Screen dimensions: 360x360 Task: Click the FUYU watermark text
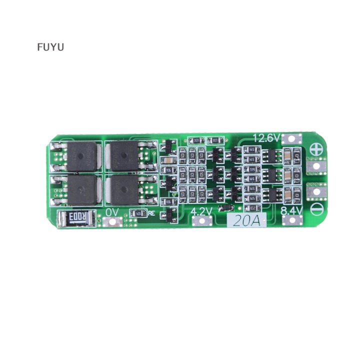tap(50, 47)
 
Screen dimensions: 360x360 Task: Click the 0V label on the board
tap(112, 212)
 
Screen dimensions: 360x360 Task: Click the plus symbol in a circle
tap(315, 149)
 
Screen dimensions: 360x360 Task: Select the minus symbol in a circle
tap(315, 208)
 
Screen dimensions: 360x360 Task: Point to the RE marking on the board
tap(149, 213)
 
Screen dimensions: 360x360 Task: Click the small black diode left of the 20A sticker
tap(224, 209)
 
